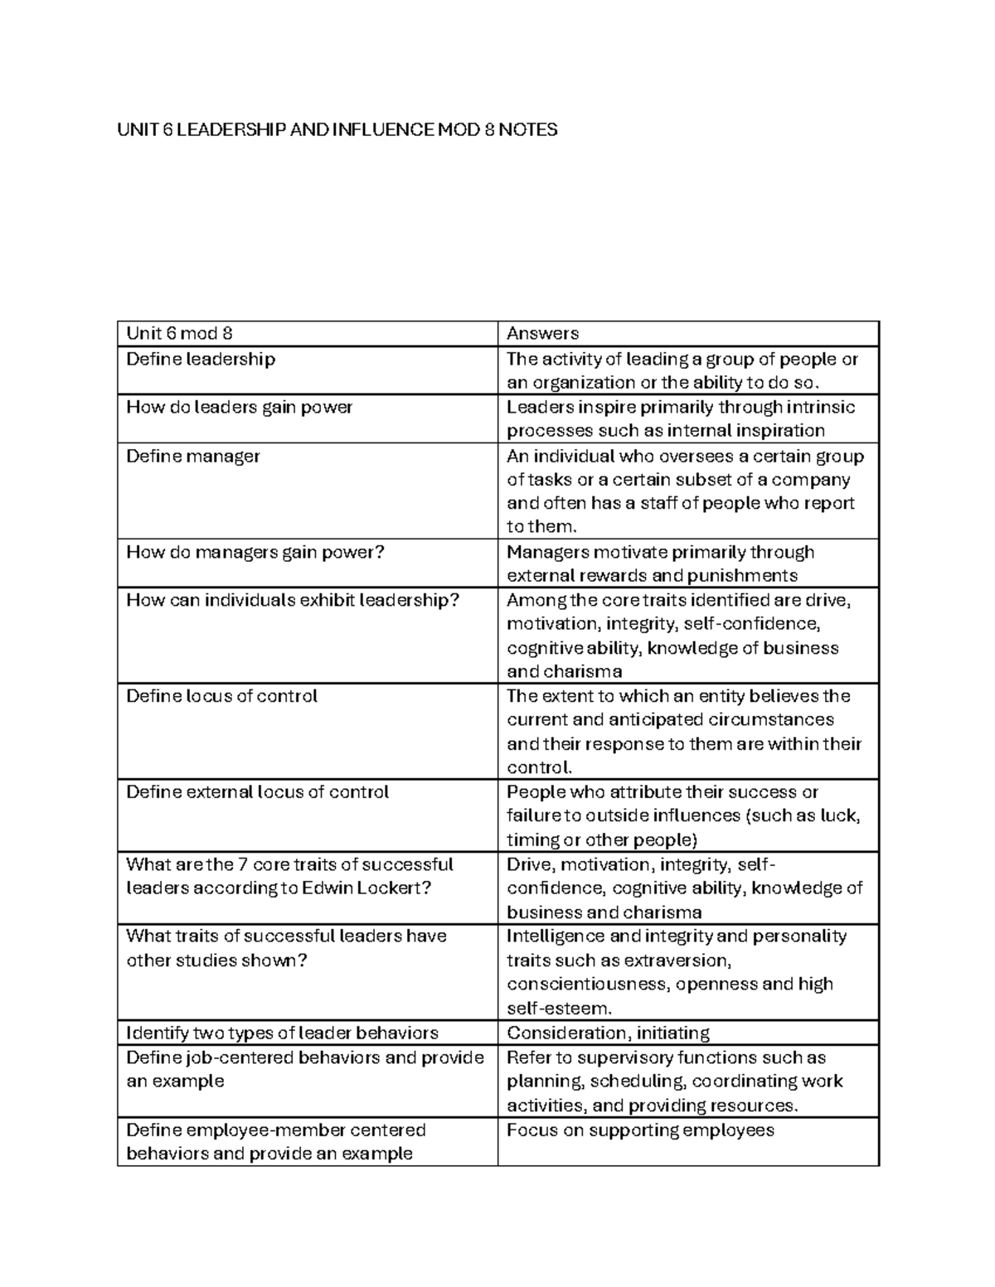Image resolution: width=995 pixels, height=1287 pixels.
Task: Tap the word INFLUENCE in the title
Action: [x=381, y=129]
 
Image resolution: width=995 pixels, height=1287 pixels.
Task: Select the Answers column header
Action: [x=542, y=333]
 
